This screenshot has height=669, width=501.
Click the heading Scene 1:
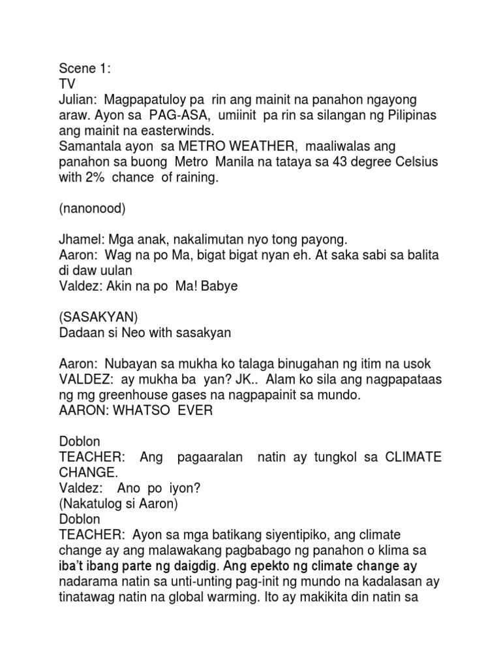tap(84, 68)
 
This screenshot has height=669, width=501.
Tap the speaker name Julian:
tap(76, 99)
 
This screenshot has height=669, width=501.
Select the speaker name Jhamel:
tap(81, 241)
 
